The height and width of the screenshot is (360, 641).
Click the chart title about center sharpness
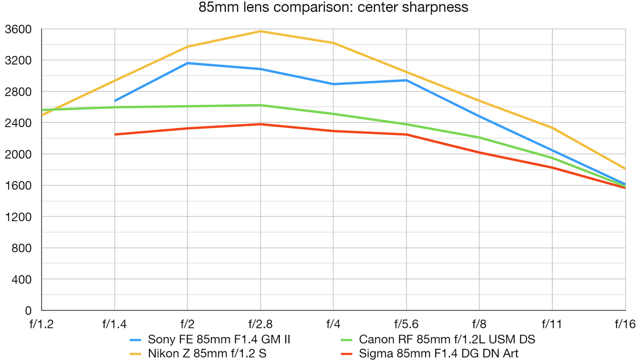333,7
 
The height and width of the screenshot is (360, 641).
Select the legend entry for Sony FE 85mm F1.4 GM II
219,339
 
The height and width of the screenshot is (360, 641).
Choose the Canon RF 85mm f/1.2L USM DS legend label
447,339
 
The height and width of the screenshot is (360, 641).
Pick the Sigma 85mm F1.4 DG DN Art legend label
439,353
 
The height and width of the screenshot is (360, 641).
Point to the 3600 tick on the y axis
18,29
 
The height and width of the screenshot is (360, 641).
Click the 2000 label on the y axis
18,154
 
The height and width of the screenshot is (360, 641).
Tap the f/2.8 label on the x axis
260,324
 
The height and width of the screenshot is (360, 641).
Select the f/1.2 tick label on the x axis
42,324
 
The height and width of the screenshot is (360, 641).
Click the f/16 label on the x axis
625,324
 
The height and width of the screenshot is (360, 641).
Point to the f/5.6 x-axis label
406,324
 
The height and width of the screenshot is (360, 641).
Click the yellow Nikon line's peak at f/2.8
260,31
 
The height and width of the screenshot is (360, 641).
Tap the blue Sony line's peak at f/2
187,63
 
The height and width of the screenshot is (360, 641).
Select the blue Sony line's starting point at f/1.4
115,100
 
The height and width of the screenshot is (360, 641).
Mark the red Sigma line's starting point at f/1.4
115,134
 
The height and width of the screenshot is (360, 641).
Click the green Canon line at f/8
479,137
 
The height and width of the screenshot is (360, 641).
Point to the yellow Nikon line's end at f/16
625,169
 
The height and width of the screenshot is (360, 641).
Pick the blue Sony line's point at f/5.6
406,80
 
